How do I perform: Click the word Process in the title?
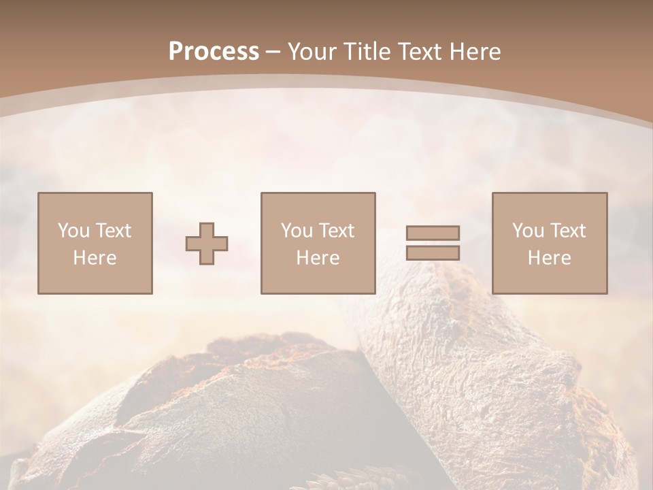coord(214,52)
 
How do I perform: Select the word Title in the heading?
coord(366,52)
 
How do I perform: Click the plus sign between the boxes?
coord(207,243)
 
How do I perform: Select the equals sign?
coord(433,243)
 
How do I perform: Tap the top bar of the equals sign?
coord(433,233)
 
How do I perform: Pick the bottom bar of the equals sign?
coord(433,253)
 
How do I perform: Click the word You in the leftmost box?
coord(72,231)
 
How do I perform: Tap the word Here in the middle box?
coord(318,258)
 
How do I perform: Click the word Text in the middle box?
coord(337,231)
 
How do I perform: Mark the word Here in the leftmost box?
coord(95,258)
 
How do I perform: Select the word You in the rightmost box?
coord(527,231)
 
